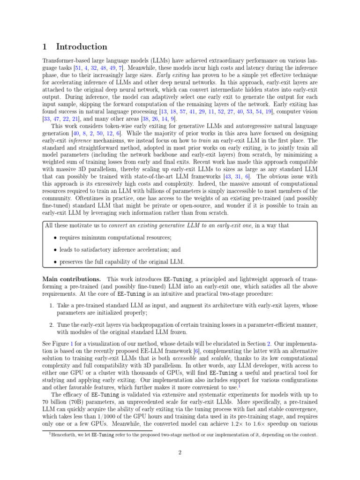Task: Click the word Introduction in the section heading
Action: click(x=82, y=47)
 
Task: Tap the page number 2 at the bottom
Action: click(x=180, y=452)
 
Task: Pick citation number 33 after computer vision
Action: click(x=47, y=120)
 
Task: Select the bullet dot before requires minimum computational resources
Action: click(x=55, y=238)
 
